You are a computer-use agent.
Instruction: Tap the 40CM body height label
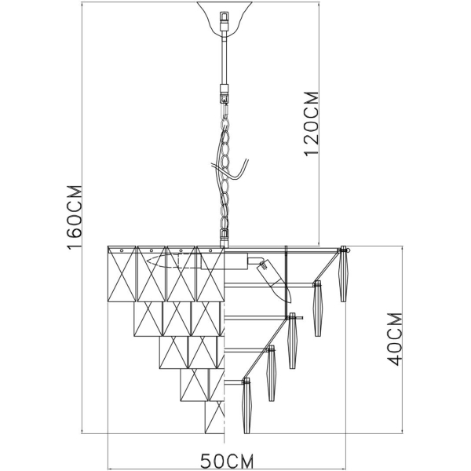tap(396, 338)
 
